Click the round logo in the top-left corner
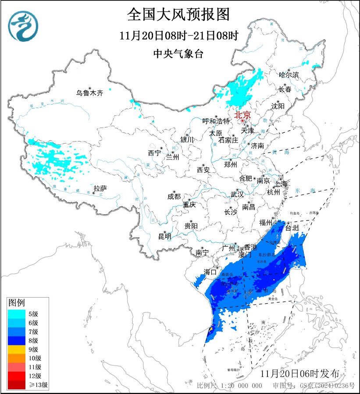pyautogui.click(x=23, y=26)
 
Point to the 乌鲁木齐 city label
pyautogui.click(x=89, y=93)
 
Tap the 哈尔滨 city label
pyautogui.click(x=289, y=75)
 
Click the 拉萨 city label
pyautogui.click(x=100, y=188)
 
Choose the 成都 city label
pyautogui.click(x=174, y=197)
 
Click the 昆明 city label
pyautogui.click(x=165, y=237)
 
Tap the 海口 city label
pyautogui.click(x=210, y=272)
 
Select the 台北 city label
pyautogui.click(x=292, y=228)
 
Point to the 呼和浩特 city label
pyautogui.click(x=216, y=121)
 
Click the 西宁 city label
pyautogui.click(x=154, y=153)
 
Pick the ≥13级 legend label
pyautogui.click(x=38, y=385)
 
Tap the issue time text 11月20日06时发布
pyautogui.click(x=299, y=374)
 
